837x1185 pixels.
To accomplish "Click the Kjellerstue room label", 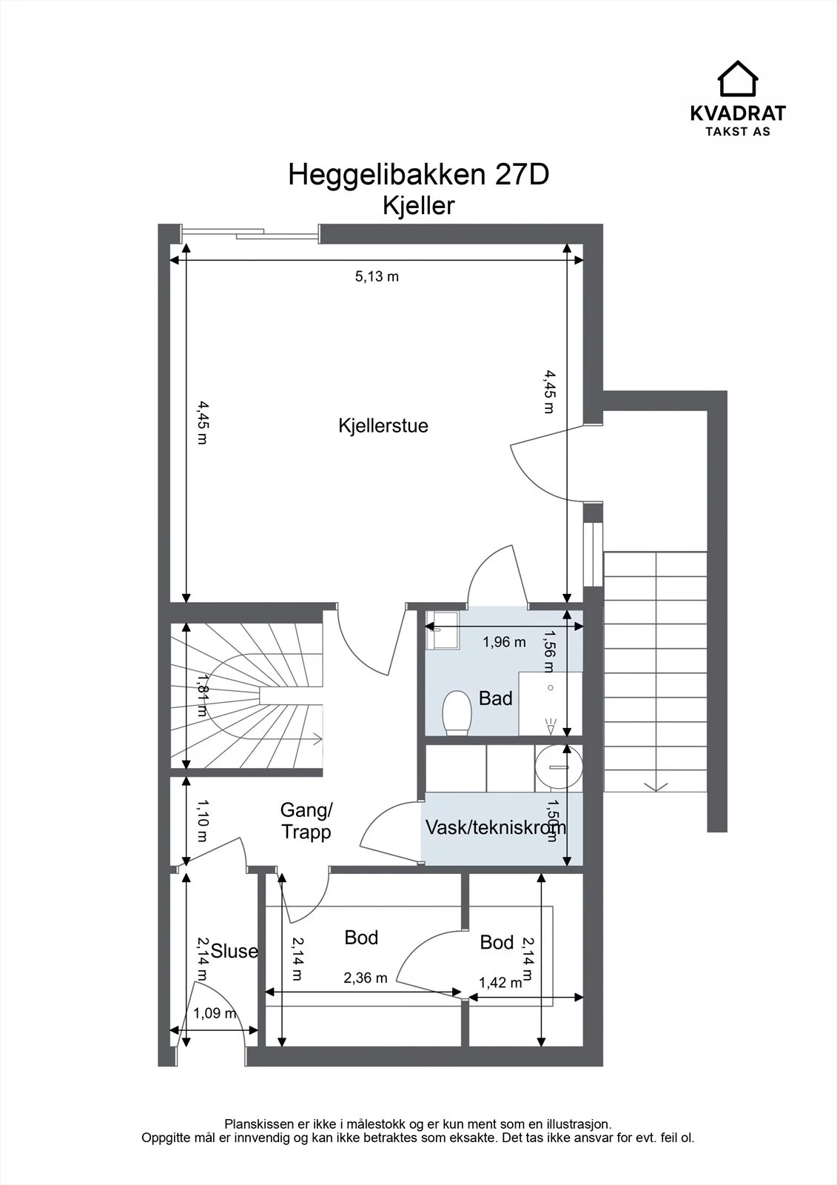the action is [383, 426].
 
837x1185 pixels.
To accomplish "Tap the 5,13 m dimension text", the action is [377, 276].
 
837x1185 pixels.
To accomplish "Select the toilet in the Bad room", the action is [457, 712].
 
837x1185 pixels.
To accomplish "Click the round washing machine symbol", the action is [558, 767].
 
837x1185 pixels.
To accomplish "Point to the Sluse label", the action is [235, 951].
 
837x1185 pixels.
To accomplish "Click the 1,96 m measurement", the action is [504, 642].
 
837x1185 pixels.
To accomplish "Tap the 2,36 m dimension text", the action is [366, 978].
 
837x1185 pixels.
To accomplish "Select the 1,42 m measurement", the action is [500, 983].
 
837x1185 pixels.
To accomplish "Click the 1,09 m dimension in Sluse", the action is [214, 1013].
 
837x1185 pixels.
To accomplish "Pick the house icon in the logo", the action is [738, 79].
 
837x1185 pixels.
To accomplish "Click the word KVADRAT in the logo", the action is [738, 113].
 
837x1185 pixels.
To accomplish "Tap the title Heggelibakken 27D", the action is [418, 174].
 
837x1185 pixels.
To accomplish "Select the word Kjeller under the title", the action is [418, 205].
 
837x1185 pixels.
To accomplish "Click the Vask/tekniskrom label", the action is [495, 827].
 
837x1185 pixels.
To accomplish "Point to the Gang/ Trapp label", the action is [306, 821].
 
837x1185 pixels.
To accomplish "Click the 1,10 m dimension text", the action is [202, 821].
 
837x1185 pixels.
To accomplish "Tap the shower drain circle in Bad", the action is [551, 688].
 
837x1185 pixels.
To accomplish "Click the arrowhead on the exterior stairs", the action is [655, 787].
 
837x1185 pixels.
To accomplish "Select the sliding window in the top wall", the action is [250, 232].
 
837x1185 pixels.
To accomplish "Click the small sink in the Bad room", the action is [443, 630].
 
